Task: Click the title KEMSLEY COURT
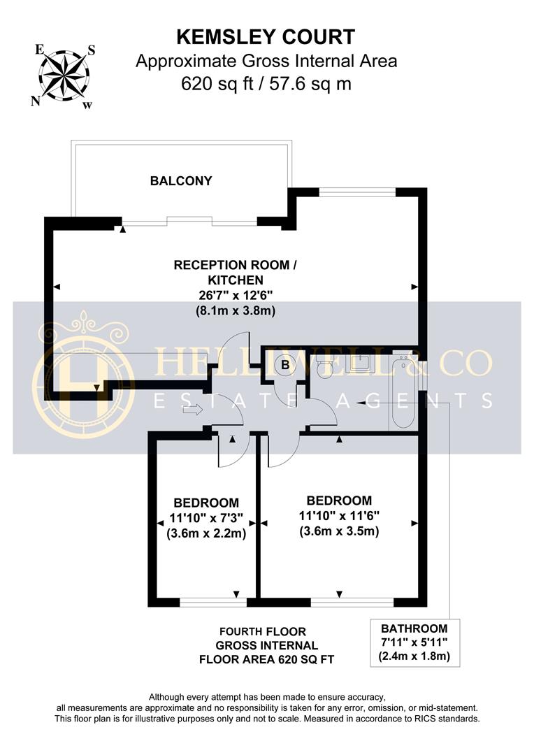[x=266, y=36]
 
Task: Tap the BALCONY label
[x=181, y=181]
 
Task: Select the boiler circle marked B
[x=285, y=364]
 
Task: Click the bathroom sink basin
[x=361, y=362]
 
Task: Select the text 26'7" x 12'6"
[x=236, y=295]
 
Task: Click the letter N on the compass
[x=34, y=101]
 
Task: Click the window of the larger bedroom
[x=352, y=601]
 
